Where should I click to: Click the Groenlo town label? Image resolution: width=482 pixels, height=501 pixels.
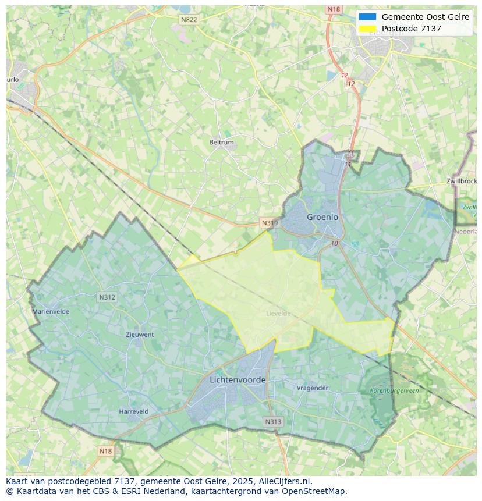coord(322,217)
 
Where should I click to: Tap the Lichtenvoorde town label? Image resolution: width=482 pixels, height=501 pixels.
coord(238,380)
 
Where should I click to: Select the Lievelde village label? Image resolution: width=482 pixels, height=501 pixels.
coord(278,314)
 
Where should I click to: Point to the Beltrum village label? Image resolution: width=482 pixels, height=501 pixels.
coord(221,143)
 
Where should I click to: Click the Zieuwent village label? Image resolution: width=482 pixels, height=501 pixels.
coord(140,335)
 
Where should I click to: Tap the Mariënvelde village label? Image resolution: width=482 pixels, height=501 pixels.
coord(51,312)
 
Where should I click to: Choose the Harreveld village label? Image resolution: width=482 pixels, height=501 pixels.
coord(133,411)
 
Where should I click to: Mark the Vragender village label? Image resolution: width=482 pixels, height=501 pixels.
coord(313,388)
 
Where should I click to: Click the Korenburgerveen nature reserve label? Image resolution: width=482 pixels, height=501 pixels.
coord(394,391)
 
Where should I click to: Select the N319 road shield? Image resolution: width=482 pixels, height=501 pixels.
coord(270,223)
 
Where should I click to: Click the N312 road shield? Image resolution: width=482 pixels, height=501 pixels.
coord(107,297)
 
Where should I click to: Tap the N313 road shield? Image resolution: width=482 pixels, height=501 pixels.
coord(273,422)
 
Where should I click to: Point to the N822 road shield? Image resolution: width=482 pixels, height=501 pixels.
coord(189,20)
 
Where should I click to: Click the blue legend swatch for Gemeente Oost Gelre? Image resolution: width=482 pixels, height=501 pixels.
coord(368,17)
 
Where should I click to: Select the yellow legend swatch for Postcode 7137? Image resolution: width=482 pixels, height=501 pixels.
coord(368,29)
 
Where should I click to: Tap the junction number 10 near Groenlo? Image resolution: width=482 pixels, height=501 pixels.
coord(334,243)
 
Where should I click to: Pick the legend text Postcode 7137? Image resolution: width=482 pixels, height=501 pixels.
coord(412,29)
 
